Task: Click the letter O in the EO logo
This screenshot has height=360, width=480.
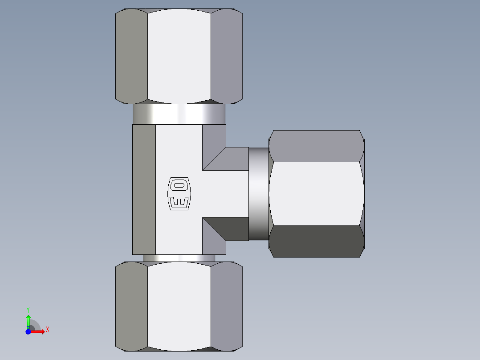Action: (x=179, y=185)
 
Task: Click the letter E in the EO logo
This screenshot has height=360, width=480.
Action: (x=179, y=202)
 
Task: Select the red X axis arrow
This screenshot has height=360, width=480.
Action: (x=38, y=331)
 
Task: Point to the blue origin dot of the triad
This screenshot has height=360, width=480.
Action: (x=28, y=331)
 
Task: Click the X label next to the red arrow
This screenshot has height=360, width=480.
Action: (x=47, y=330)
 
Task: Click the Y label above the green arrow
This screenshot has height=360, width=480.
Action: (x=28, y=309)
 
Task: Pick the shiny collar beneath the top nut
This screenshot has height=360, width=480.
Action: (x=179, y=115)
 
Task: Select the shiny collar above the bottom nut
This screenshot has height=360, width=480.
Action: (x=179, y=258)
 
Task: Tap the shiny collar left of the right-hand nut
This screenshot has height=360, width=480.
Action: (x=259, y=194)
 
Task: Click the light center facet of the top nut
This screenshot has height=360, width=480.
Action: (x=179, y=56)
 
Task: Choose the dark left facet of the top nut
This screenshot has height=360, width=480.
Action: (x=131, y=56)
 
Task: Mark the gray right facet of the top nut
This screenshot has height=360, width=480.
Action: (x=226, y=56)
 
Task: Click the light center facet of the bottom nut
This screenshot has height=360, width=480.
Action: (x=179, y=306)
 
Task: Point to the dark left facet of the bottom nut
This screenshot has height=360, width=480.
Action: (x=131, y=306)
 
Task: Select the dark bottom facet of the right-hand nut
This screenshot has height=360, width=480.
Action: (x=316, y=241)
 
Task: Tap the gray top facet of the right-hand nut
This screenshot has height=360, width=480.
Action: (x=316, y=146)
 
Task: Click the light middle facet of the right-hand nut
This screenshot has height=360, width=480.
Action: (x=316, y=194)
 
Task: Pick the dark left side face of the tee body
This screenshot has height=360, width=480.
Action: (x=144, y=189)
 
